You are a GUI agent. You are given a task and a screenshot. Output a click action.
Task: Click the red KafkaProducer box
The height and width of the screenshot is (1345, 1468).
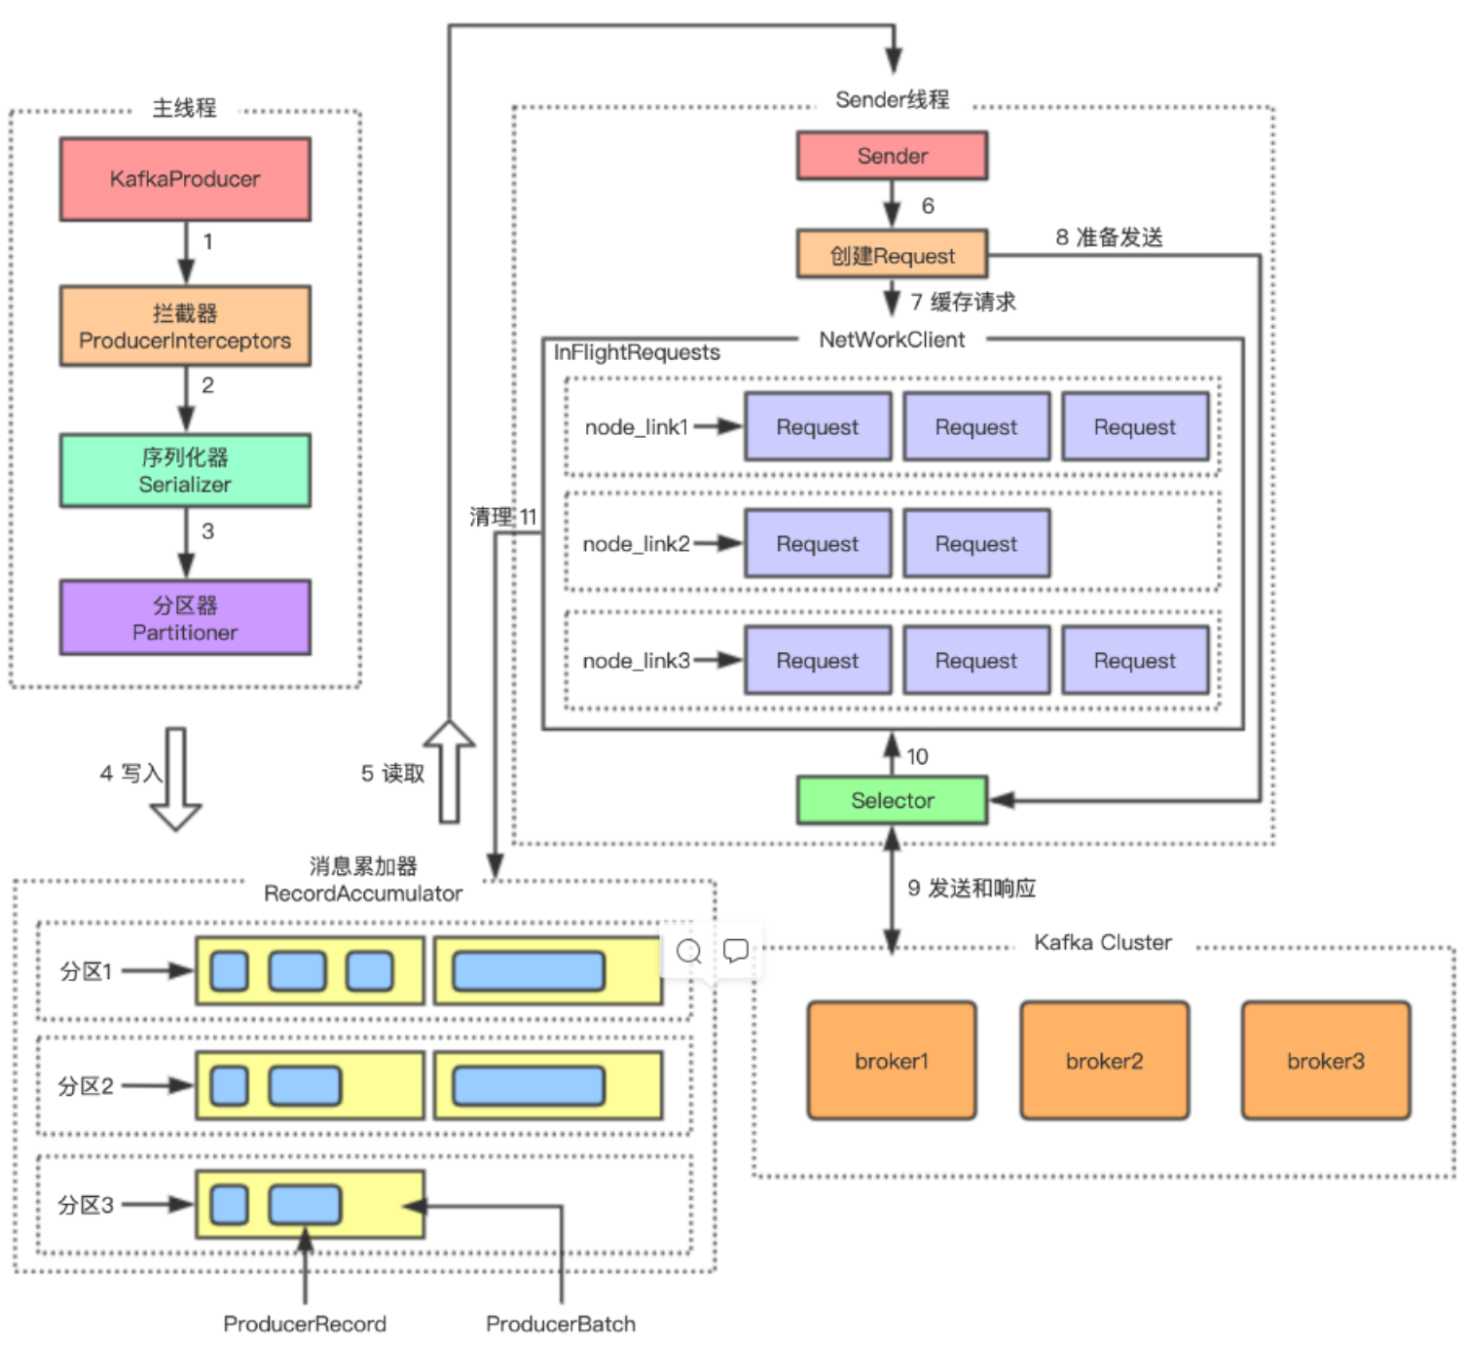click(x=185, y=178)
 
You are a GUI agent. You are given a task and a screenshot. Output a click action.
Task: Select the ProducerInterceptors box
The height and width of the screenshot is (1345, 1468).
click(x=185, y=326)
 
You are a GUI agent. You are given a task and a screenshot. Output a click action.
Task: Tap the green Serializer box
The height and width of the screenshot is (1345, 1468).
click(x=185, y=470)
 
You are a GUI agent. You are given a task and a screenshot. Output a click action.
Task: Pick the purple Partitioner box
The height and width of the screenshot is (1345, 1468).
click(x=185, y=617)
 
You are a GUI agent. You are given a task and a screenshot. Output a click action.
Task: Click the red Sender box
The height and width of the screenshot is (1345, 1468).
click(x=892, y=155)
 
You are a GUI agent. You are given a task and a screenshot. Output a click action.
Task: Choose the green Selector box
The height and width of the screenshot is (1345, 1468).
click(x=892, y=800)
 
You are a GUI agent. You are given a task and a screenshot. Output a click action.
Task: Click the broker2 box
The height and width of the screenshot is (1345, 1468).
click(x=1104, y=1060)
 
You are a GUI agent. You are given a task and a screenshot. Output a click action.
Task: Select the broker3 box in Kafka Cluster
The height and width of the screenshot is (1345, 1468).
click(x=1325, y=1060)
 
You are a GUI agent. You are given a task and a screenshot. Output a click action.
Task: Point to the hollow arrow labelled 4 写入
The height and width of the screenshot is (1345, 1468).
click(x=175, y=779)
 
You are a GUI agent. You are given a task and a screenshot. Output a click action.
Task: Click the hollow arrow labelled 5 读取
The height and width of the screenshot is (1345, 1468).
click(x=450, y=772)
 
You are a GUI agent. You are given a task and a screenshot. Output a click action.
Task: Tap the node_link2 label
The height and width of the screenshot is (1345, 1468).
click(x=636, y=544)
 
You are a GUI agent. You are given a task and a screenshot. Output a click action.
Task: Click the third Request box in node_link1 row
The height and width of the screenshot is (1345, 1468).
click(x=1134, y=426)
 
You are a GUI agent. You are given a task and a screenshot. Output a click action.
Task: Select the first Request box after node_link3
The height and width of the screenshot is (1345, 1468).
click(x=818, y=660)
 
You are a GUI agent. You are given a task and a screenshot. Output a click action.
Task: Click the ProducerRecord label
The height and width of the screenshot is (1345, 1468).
click(x=305, y=1324)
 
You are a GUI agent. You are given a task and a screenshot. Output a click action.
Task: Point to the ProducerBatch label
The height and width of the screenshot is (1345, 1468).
click(x=561, y=1324)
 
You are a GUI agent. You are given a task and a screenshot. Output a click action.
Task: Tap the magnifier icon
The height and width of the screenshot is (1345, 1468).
click(x=688, y=951)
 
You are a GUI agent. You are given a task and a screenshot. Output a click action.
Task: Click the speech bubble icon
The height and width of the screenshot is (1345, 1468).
click(x=735, y=950)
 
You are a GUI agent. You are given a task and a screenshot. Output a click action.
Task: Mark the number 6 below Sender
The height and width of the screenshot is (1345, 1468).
click(x=927, y=205)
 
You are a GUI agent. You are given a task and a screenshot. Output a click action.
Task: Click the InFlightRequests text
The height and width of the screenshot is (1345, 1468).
click(x=636, y=352)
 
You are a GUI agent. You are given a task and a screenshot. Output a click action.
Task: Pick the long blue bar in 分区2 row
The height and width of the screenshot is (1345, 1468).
click(x=529, y=1085)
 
